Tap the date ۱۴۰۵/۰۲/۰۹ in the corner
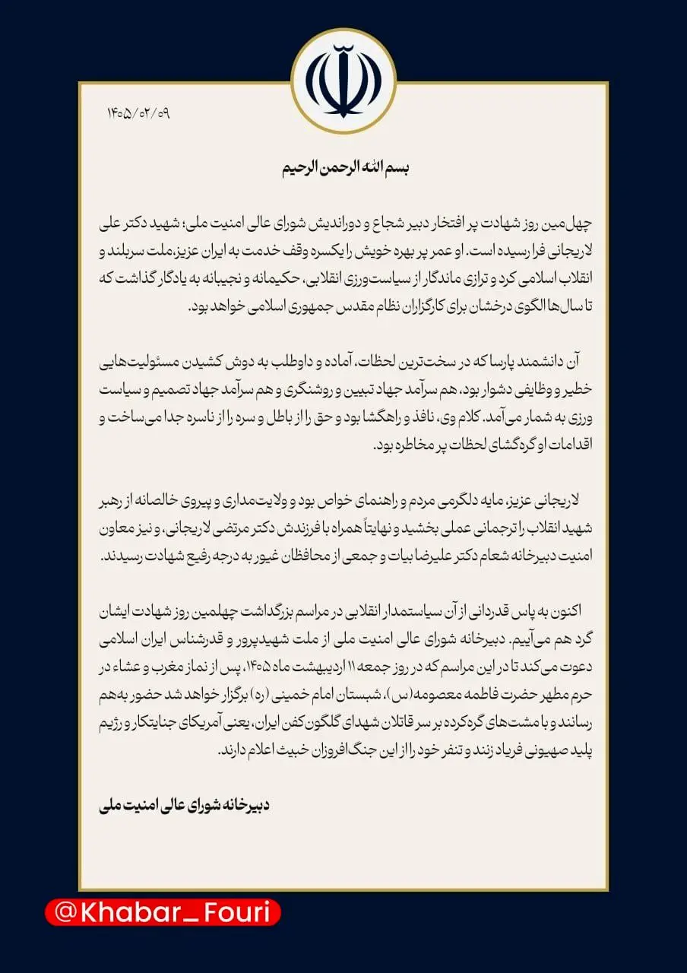tap(138, 114)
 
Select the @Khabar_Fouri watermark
tap(163, 912)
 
